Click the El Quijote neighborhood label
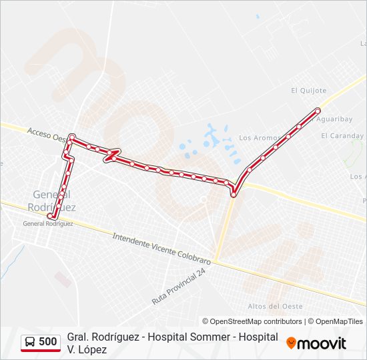pos(308,91)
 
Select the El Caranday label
pos(342,136)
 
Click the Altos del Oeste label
pos(275,306)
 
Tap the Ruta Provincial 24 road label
pos(179,287)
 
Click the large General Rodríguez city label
pos(54,201)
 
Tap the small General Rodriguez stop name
pos(48,224)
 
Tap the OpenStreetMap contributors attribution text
pos(252,321)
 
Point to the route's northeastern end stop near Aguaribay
pos(318,109)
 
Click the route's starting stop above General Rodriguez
pos(50,215)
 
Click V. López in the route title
pos(87,349)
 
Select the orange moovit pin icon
pos(291,343)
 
